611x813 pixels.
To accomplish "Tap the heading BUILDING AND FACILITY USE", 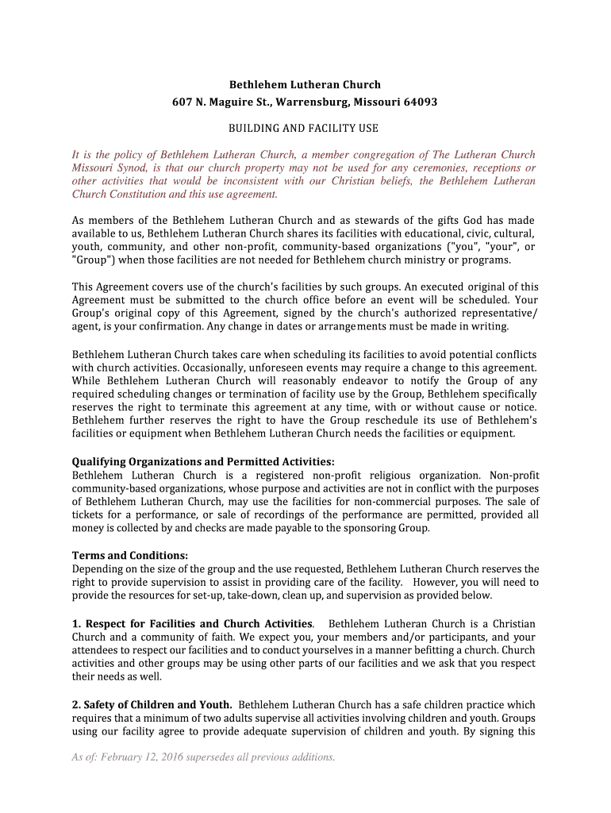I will pyautogui.click(x=304, y=128).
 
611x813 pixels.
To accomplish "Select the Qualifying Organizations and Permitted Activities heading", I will pyautogui.click(x=203, y=461).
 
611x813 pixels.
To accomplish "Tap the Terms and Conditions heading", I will pyautogui.click(x=130, y=555).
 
